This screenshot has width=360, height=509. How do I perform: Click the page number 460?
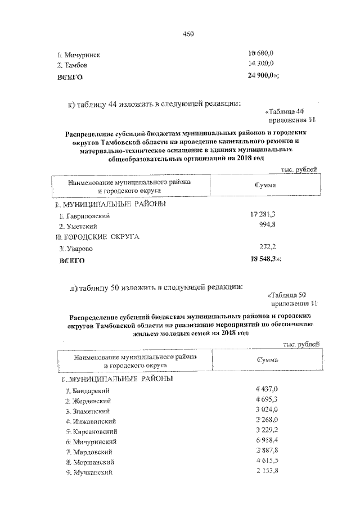(188, 34)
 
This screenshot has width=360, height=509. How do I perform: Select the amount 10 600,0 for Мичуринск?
(260, 55)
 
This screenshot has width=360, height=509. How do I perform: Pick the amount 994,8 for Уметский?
(267, 226)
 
